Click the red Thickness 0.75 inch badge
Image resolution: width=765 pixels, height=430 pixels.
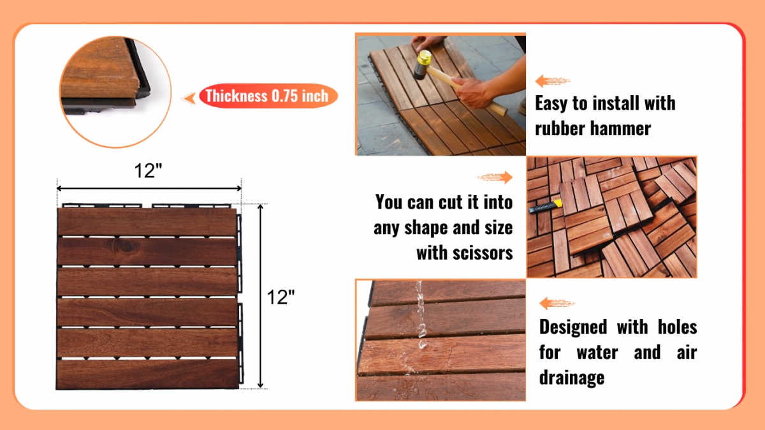(x=268, y=96)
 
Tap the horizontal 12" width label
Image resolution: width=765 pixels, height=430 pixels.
(x=148, y=170)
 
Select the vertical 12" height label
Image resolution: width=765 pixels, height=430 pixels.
(x=280, y=297)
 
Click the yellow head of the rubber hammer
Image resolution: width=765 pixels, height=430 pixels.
(x=424, y=57)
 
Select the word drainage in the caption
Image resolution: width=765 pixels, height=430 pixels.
(x=572, y=378)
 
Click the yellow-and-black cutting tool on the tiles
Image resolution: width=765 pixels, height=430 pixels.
(x=545, y=206)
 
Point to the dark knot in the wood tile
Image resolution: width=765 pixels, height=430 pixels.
(x=125, y=246)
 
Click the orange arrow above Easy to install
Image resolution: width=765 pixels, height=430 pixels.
(x=552, y=81)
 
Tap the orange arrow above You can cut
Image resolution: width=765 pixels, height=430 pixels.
(x=495, y=177)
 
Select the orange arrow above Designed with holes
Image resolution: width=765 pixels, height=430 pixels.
(x=557, y=303)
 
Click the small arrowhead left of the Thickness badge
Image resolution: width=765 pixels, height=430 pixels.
(x=189, y=98)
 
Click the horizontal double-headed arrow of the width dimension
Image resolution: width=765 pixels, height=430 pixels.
(x=149, y=188)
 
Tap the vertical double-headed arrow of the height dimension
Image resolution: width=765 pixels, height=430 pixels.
(x=261, y=296)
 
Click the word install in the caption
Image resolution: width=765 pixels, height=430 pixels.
(x=616, y=103)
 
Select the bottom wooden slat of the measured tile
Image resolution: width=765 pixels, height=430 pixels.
(x=147, y=374)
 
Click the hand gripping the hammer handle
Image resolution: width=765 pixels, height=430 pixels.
(x=476, y=93)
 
